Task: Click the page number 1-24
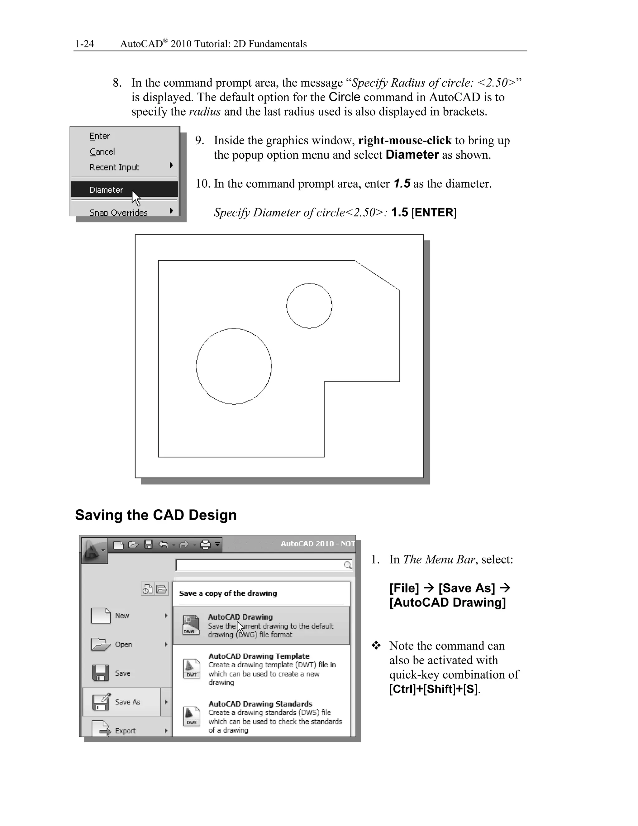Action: coord(84,44)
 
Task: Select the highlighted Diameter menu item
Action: coord(106,190)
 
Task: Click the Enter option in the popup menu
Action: coord(99,136)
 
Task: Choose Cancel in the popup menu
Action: coord(102,152)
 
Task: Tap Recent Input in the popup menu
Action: coord(114,167)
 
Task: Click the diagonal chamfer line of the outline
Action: coord(377,275)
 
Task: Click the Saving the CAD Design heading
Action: coord(156,515)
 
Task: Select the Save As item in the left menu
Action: coord(127,702)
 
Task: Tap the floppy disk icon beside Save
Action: coord(100,673)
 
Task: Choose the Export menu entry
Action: coord(125,731)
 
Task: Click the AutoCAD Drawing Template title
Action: coord(259,656)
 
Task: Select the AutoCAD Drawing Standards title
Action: coord(260,704)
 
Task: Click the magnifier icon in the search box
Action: coord(348,565)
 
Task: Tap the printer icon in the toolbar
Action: coord(205,545)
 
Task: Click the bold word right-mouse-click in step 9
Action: coord(404,140)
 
